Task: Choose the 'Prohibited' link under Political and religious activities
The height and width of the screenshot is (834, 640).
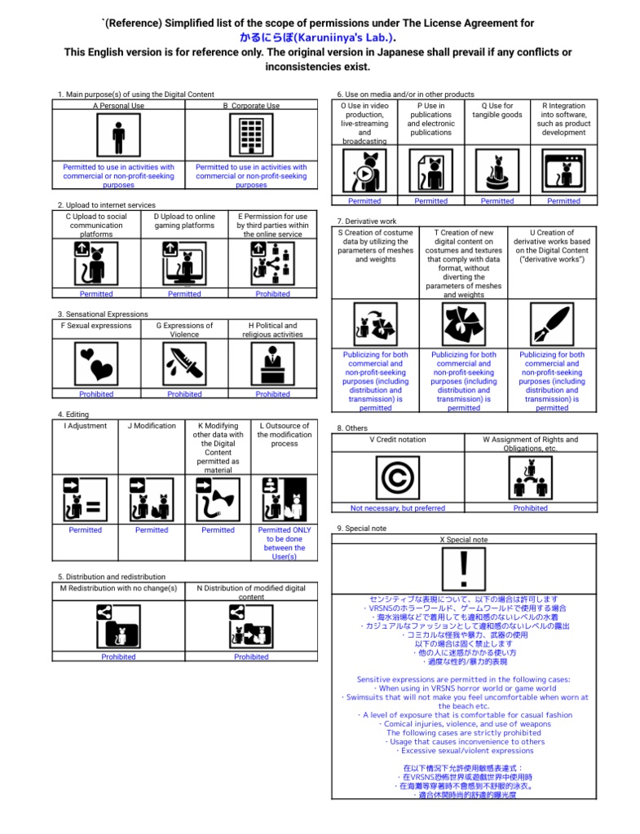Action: pyautogui.click(x=272, y=394)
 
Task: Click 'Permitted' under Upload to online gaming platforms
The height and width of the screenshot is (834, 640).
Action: pyautogui.click(x=184, y=294)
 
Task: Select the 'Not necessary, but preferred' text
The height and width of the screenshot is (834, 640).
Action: pyautogui.click(x=398, y=508)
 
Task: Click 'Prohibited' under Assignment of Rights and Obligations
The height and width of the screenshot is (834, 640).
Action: pyautogui.click(x=531, y=508)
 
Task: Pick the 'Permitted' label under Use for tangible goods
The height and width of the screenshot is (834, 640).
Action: pyautogui.click(x=497, y=201)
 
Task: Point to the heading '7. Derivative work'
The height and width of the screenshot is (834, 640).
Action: pyautogui.click(x=367, y=222)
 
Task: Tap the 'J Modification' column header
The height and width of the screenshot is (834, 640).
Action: pyautogui.click(x=152, y=426)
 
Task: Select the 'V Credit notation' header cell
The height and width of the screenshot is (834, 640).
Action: pyautogui.click(x=398, y=440)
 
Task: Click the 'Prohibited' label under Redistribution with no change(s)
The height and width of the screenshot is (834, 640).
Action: pyautogui.click(x=119, y=656)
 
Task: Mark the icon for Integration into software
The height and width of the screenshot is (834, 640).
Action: pyautogui.click(x=563, y=172)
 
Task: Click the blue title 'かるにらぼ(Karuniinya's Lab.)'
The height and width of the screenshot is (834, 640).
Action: pyautogui.click(x=318, y=37)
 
